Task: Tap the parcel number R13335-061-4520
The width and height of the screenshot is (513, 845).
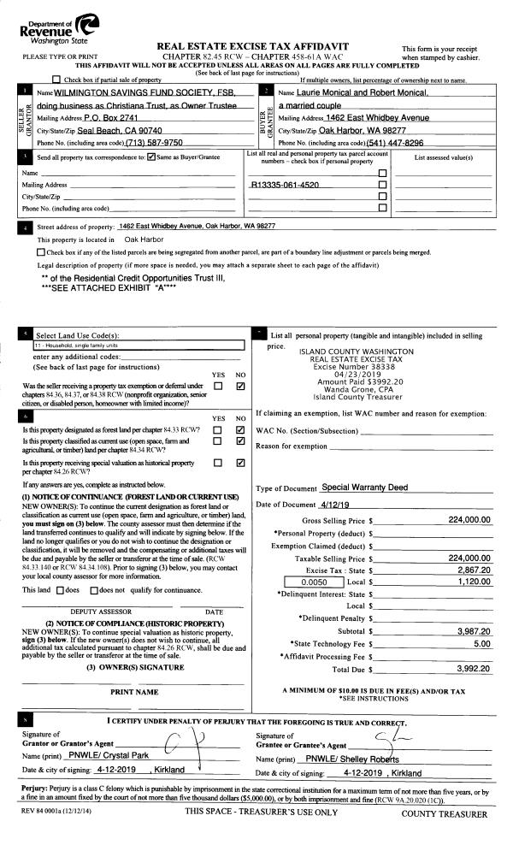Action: click(x=285, y=184)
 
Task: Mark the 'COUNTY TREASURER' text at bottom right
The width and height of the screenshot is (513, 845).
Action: click(x=445, y=814)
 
